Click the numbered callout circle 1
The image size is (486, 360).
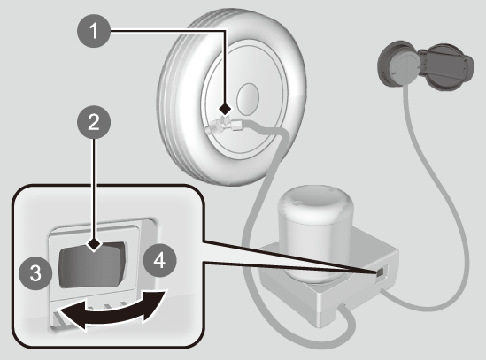pyautogui.click(x=94, y=31)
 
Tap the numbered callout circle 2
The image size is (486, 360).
pyautogui.click(x=94, y=122)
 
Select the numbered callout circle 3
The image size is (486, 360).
pyautogui.click(x=35, y=273)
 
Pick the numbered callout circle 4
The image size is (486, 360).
pyautogui.click(x=159, y=260)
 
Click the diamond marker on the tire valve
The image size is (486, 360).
pyautogui.click(x=225, y=109)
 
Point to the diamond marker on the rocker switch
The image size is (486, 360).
pyautogui.click(x=94, y=245)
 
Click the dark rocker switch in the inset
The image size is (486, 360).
pyautogui.click(x=93, y=264)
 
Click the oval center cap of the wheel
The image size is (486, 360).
pyautogui.click(x=248, y=99)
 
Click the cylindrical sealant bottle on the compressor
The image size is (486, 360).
pyautogui.click(x=315, y=234)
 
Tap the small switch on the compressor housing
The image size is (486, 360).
pyautogui.click(x=381, y=272)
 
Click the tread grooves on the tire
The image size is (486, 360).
pyautogui.click(x=174, y=103)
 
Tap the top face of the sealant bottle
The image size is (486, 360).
pyautogui.click(x=315, y=201)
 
